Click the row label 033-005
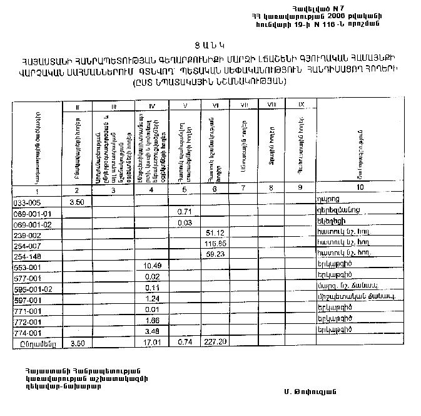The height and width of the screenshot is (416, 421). pos(26,202)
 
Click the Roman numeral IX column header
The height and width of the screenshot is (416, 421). pos(301,103)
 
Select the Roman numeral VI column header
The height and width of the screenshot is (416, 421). pos(215,105)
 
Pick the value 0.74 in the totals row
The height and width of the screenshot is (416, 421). pos(184,343)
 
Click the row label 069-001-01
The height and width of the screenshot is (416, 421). pos(31,212)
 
